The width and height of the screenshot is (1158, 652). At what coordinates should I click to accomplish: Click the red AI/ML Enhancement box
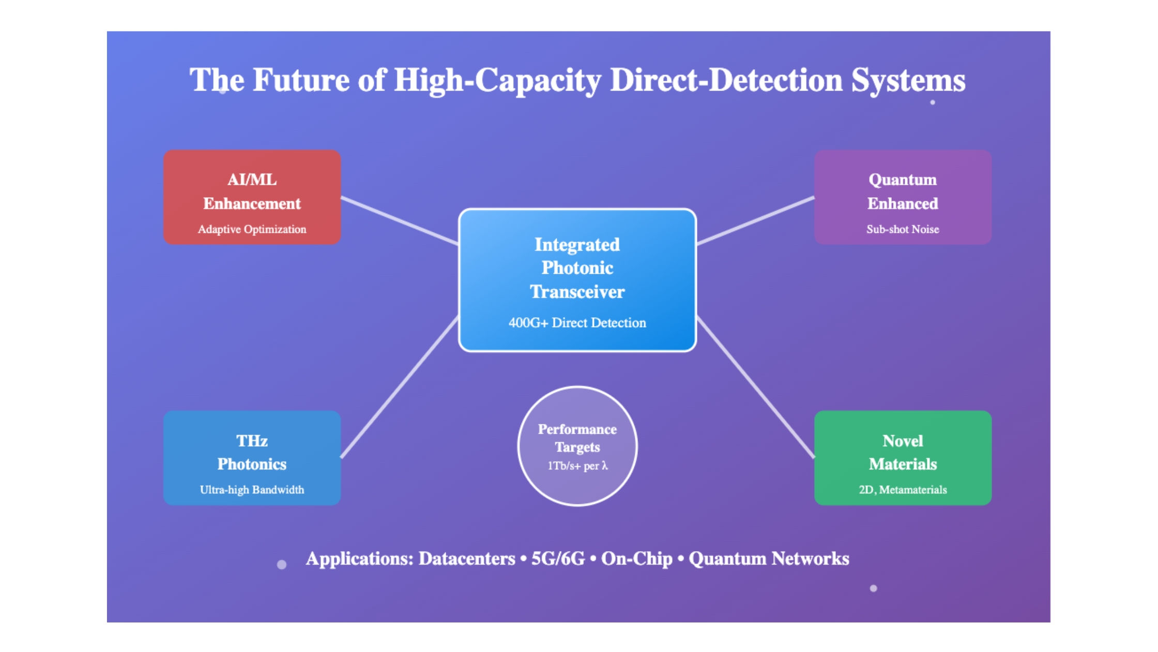pyautogui.click(x=252, y=197)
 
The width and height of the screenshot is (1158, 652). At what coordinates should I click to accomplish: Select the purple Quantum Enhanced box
pyautogui.click(x=903, y=197)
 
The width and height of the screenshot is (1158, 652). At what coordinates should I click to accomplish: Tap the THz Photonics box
pyautogui.click(x=252, y=458)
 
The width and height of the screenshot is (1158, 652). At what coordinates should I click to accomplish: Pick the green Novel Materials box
pyautogui.click(x=903, y=458)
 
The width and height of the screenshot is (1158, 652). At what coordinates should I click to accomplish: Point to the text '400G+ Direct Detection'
pyautogui.click(x=577, y=323)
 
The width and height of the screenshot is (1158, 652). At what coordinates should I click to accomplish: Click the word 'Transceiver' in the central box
pyautogui.click(x=577, y=292)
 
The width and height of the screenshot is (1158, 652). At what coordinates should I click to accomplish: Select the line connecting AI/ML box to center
pyautogui.click(x=400, y=220)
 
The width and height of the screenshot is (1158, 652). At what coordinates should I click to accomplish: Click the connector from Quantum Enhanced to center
pyautogui.click(x=755, y=220)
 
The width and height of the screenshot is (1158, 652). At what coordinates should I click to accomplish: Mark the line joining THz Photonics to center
pyautogui.click(x=400, y=387)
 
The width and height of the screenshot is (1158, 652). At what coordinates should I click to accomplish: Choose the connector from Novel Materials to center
pyautogui.click(x=755, y=387)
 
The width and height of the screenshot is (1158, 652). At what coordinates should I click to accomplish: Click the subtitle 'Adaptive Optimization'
pyautogui.click(x=252, y=229)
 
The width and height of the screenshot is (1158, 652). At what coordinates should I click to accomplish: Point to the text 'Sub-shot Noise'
pyautogui.click(x=903, y=229)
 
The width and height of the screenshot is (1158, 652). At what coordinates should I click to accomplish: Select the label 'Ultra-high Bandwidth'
pyautogui.click(x=252, y=490)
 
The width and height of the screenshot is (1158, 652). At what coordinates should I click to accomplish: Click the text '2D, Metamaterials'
pyautogui.click(x=903, y=490)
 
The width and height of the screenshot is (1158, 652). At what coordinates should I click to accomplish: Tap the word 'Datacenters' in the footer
pyautogui.click(x=467, y=558)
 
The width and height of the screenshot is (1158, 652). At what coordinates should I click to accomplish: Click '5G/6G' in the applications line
pyautogui.click(x=558, y=558)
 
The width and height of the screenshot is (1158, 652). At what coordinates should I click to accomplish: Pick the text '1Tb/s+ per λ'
pyautogui.click(x=577, y=466)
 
